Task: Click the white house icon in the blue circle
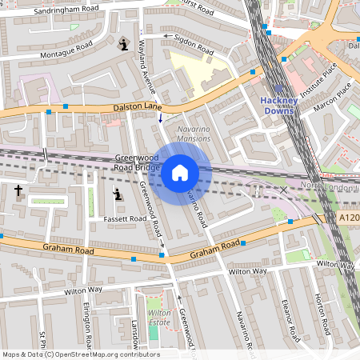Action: coord(180,173)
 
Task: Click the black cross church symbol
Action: coord(18,190)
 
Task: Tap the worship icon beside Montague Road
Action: coord(122,43)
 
